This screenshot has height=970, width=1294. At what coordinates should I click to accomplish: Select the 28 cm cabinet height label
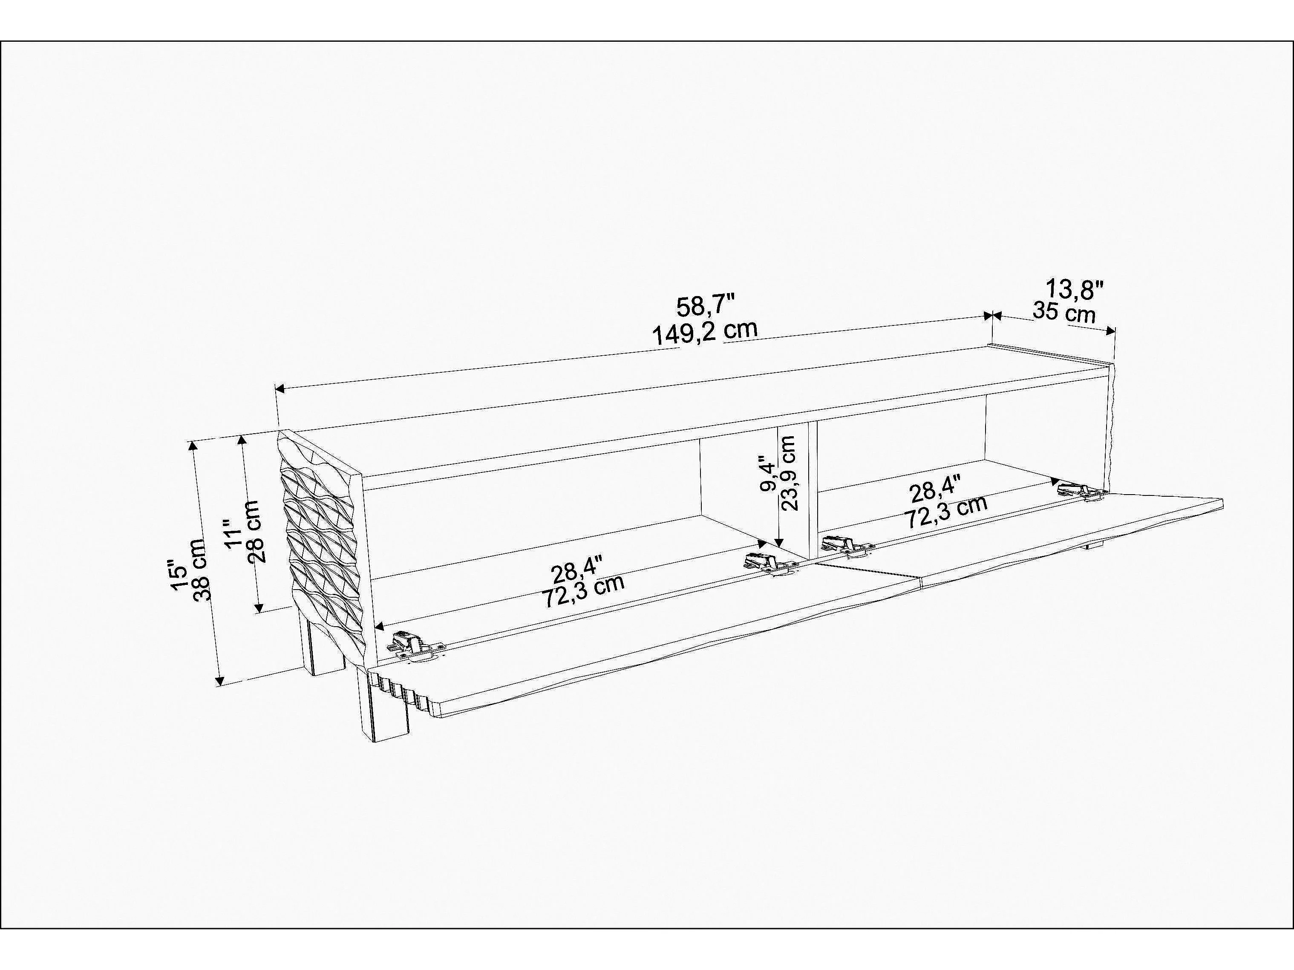pos(256,531)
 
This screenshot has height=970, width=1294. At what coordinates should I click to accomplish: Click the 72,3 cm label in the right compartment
pos(946,512)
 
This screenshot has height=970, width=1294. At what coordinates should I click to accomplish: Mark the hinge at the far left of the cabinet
pos(414,647)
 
